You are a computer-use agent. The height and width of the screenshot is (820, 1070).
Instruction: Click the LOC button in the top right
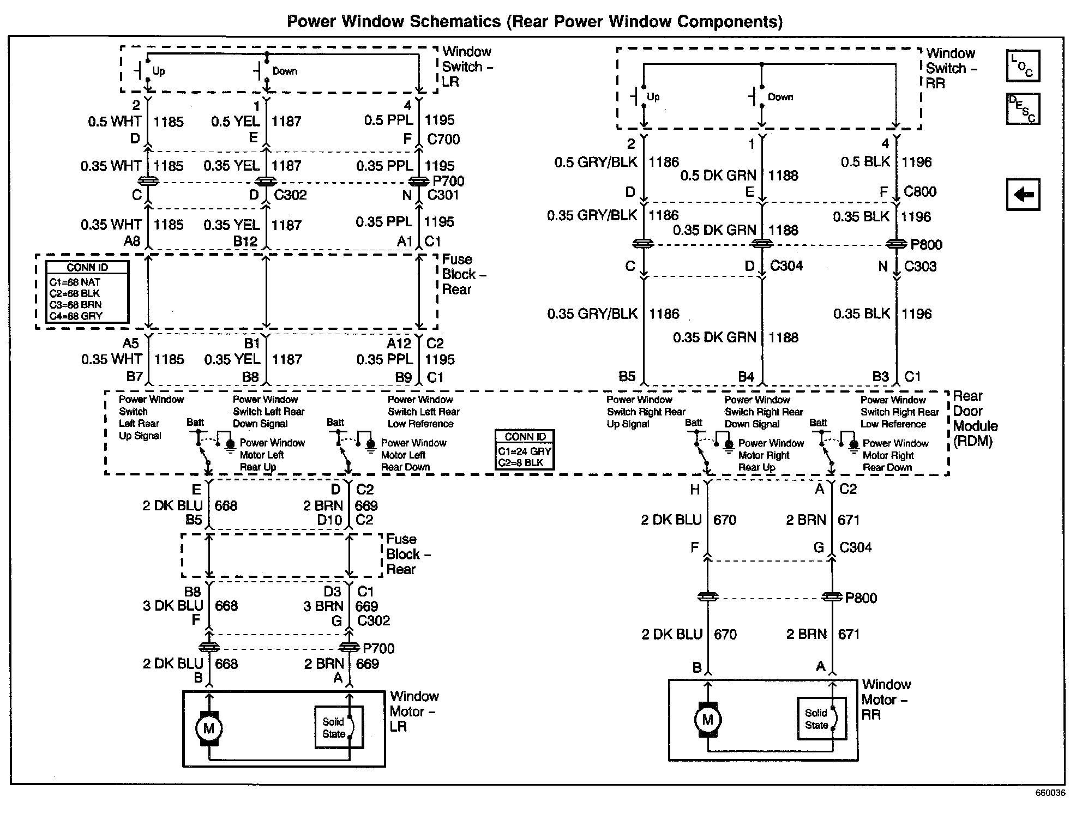(x=1023, y=66)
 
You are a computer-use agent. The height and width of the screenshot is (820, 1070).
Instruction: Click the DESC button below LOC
(x=1023, y=108)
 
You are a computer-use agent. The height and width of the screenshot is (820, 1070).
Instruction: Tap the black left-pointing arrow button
(x=1023, y=194)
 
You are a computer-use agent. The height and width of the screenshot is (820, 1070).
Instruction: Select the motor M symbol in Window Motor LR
(x=209, y=728)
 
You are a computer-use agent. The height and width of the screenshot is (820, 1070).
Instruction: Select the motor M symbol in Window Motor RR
(x=707, y=720)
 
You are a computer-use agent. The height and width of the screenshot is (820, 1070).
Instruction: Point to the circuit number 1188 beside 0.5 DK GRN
(x=783, y=176)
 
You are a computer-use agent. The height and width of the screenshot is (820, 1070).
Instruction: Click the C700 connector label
(x=443, y=140)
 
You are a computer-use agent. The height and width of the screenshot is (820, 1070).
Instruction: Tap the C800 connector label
(x=920, y=192)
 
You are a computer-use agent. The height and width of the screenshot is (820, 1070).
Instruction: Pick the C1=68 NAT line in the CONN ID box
(x=75, y=282)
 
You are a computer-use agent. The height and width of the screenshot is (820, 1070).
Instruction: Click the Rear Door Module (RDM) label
(x=975, y=418)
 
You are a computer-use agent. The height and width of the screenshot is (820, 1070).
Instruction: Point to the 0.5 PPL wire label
(x=388, y=120)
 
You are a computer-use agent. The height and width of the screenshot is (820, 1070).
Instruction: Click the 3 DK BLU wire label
(x=173, y=606)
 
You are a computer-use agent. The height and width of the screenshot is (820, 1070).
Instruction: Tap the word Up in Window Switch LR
(x=159, y=71)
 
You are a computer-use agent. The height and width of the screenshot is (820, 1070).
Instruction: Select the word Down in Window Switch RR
(x=780, y=97)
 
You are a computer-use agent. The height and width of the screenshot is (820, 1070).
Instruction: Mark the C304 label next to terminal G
(x=855, y=547)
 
